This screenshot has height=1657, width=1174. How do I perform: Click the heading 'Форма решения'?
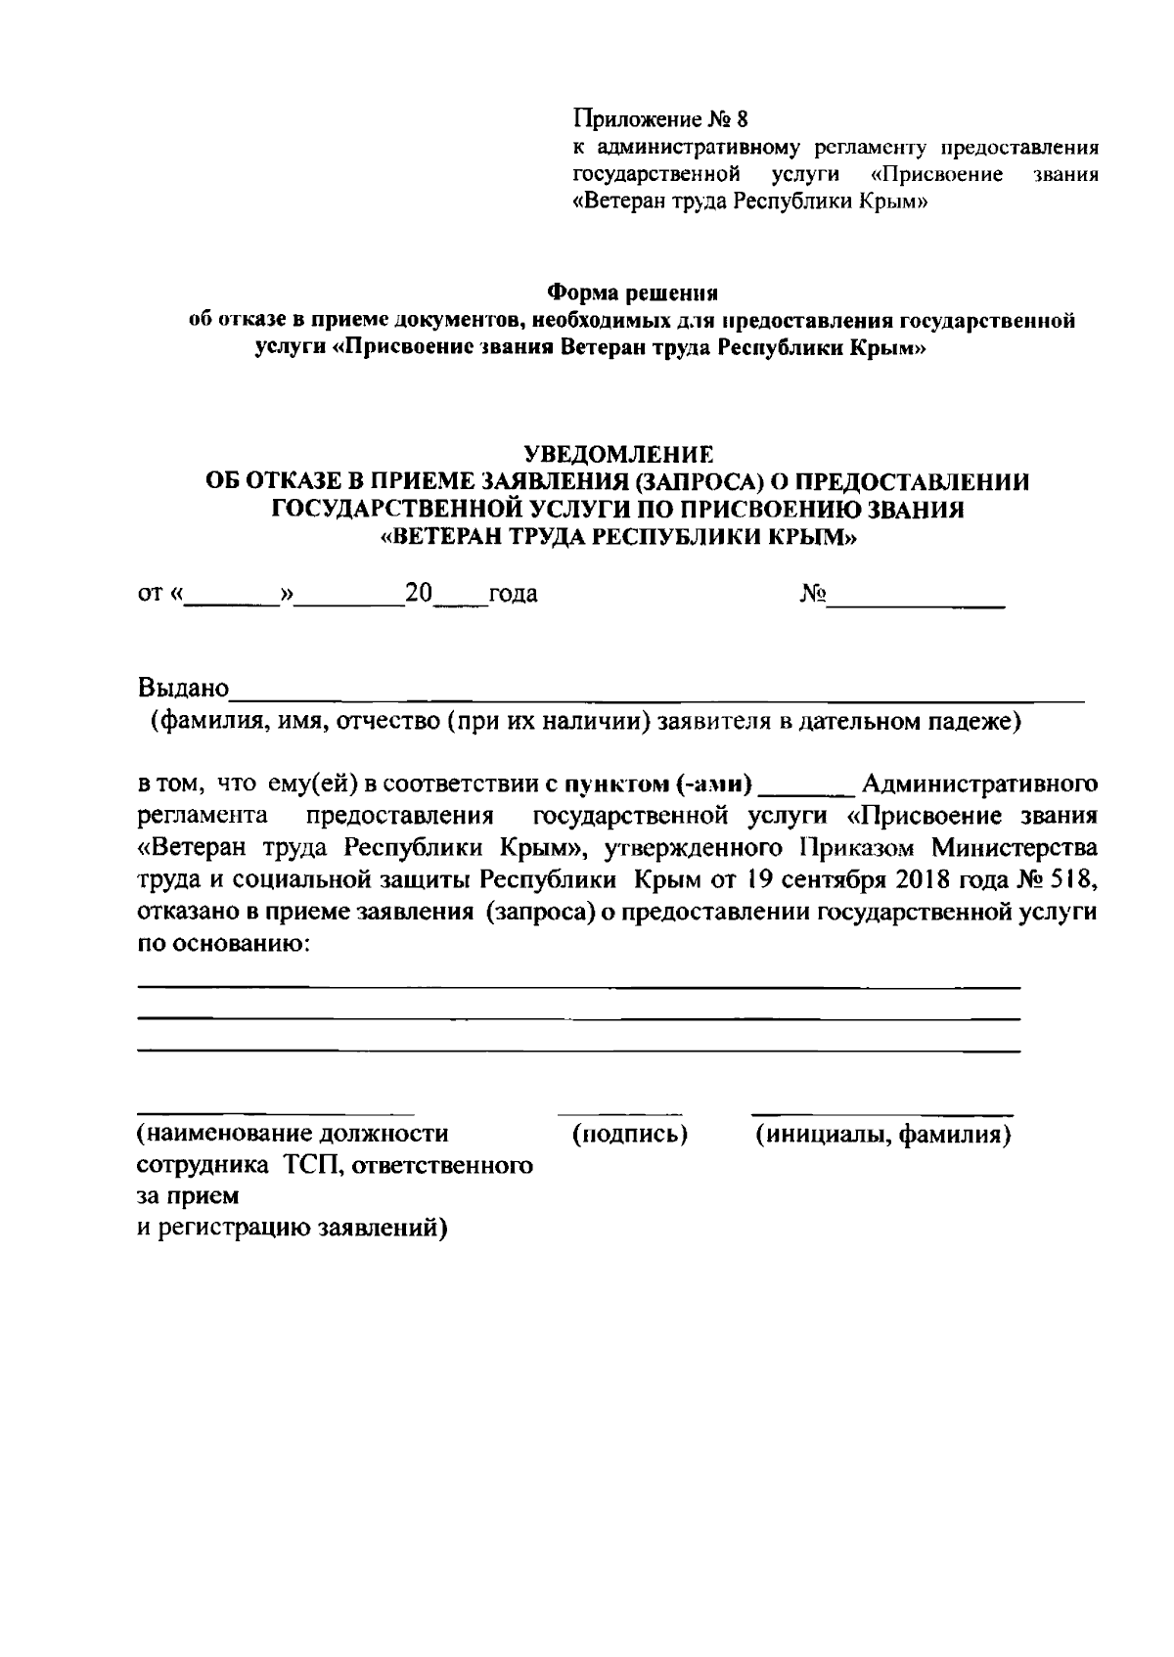pos(632,292)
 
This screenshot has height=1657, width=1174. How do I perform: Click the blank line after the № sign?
pos(917,605)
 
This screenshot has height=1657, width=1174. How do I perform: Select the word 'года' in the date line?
pos(513,594)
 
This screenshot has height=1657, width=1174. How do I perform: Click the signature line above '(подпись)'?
pos(619,1113)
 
